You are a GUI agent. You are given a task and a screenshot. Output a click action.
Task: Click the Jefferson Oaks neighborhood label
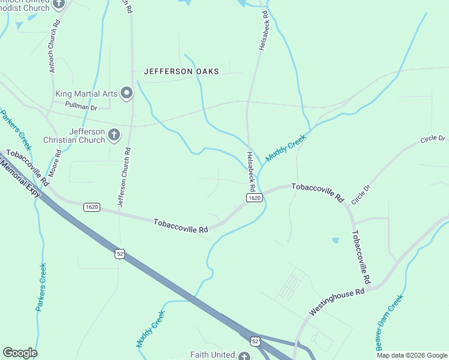tap(181, 71)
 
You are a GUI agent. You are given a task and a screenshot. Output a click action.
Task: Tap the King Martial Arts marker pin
tap(127, 93)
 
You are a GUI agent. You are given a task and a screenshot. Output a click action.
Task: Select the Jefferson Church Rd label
tap(124, 178)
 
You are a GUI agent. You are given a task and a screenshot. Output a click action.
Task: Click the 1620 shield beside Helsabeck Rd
tap(254, 198)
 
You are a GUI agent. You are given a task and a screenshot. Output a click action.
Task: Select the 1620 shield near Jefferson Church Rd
tap(92, 207)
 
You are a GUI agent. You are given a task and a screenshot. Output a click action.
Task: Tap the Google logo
tap(20, 353)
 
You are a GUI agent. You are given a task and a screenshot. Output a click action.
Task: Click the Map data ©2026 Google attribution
tap(412, 355)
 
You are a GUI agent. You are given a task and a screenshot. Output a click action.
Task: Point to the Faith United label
tap(212, 355)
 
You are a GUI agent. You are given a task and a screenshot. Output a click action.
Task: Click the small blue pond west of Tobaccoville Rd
tap(335, 241)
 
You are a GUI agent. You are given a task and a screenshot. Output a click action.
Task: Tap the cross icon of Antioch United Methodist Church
tap(59, 4)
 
